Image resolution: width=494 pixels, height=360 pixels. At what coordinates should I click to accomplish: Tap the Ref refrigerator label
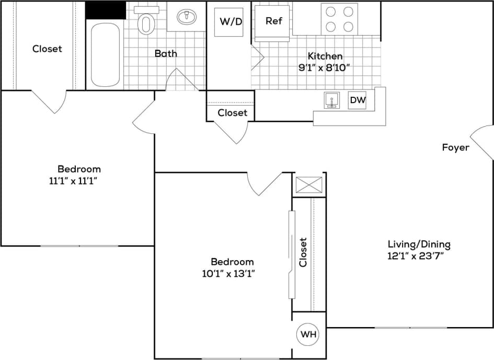click(273, 21)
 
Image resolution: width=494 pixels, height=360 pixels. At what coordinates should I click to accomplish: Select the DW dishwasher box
click(357, 99)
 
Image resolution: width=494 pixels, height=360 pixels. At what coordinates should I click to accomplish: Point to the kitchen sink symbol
click(331, 99)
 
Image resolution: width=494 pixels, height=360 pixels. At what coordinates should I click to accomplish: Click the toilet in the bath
click(146, 22)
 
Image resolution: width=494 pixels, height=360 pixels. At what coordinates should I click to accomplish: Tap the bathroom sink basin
click(186, 17)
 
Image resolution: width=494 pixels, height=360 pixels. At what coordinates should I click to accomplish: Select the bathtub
click(105, 54)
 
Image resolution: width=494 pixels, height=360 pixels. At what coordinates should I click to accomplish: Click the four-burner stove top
click(339, 18)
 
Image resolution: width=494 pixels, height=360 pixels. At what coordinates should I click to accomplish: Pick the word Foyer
click(455, 148)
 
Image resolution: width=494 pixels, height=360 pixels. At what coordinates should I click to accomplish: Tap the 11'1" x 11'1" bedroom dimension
click(78, 181)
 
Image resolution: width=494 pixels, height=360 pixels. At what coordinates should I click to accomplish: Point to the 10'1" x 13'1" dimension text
click(232, 273)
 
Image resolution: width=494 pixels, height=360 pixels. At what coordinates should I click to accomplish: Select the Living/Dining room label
click(419, 244)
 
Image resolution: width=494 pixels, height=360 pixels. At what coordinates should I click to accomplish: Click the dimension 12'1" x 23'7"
click(419, 256)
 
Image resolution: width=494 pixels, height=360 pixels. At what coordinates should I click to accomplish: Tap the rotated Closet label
click(303, 252)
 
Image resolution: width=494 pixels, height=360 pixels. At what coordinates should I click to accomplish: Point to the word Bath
click(166, 53)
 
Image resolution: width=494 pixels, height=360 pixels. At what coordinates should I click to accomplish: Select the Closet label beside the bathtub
click(47, 49)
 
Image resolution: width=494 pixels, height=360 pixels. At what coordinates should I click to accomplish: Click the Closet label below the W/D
click(232, 113)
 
